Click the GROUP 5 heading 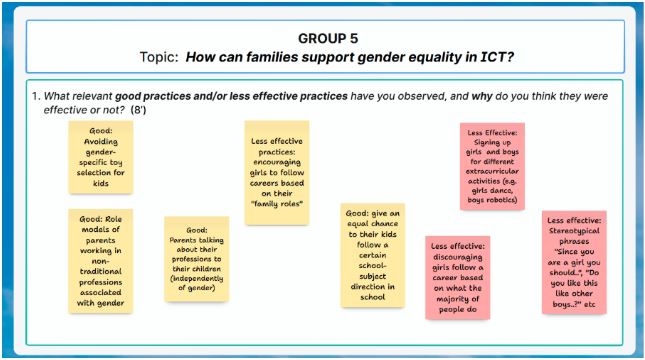tap(328, 39)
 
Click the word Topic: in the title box tap(159, 57)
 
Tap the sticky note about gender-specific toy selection tap(101, 157)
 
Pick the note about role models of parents tap(101, 261)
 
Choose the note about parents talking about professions tap(197, 259)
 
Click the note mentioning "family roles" tap(277, 173)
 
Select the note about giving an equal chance tap(373, 255)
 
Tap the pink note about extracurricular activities tap(492, 166)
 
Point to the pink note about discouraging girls tap(458, 278)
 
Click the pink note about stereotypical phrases tap(574, 262)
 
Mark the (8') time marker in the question tap(138, 110)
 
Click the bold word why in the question tap(482, 96)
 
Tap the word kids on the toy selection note tap(100, 183)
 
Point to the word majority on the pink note tap(451, 299)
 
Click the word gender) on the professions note tap(202, 288)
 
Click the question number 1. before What tap(36, 96)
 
